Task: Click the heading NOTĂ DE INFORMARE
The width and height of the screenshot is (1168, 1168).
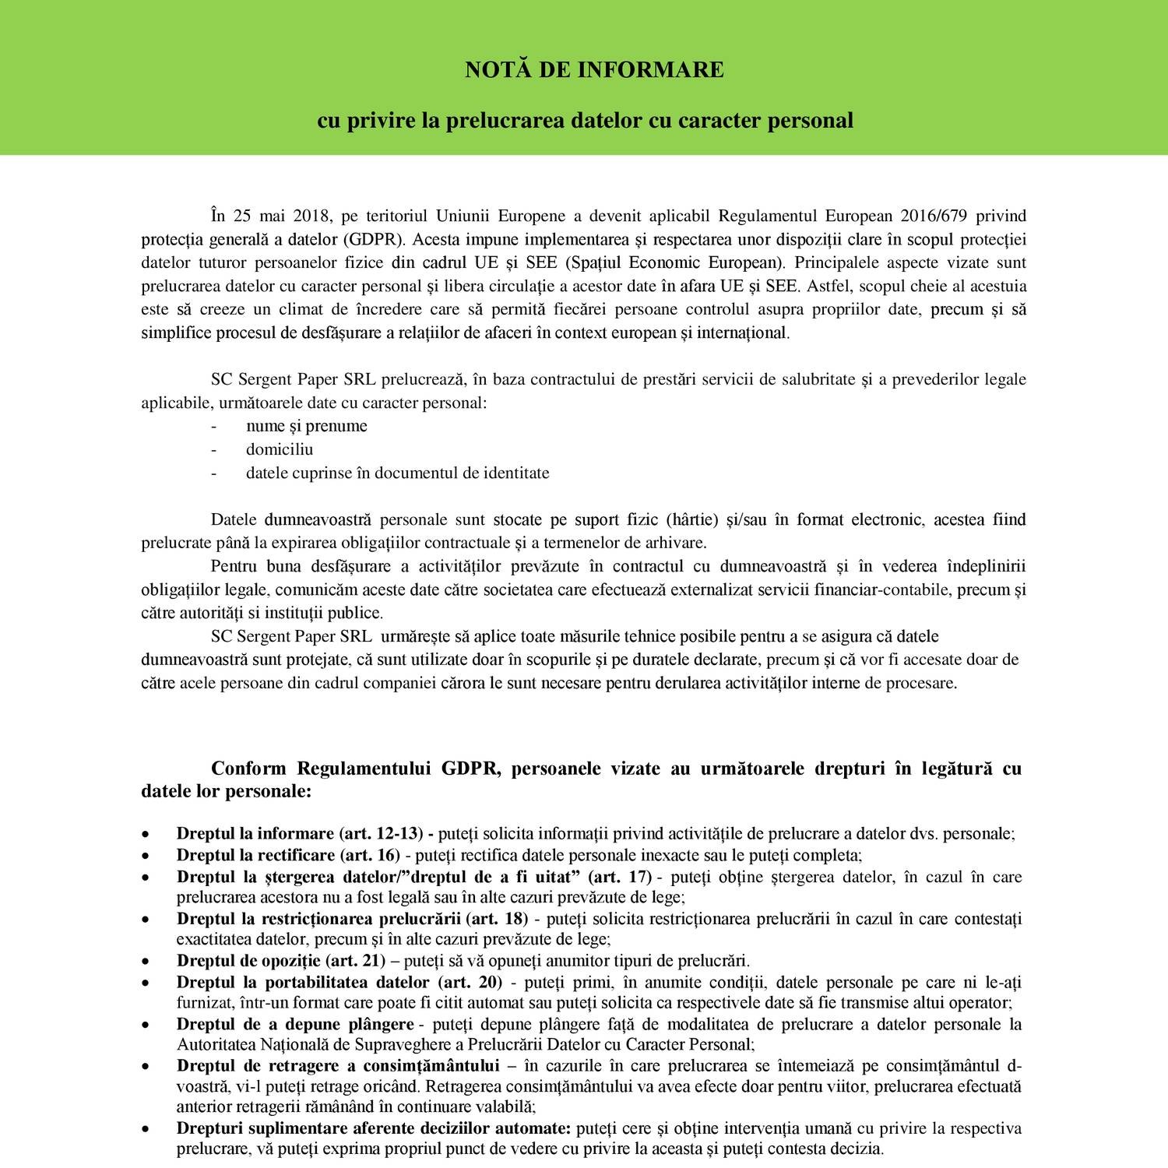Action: [594, 70]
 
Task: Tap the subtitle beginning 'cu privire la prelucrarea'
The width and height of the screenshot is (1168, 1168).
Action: [585, 121]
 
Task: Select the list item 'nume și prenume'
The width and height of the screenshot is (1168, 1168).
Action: [306, 426]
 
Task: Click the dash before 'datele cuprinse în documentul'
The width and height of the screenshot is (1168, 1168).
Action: [214, 473]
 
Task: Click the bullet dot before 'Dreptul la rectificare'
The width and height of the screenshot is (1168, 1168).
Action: [146, 856]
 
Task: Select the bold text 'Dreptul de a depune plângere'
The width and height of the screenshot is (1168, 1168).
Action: [295, 1024]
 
